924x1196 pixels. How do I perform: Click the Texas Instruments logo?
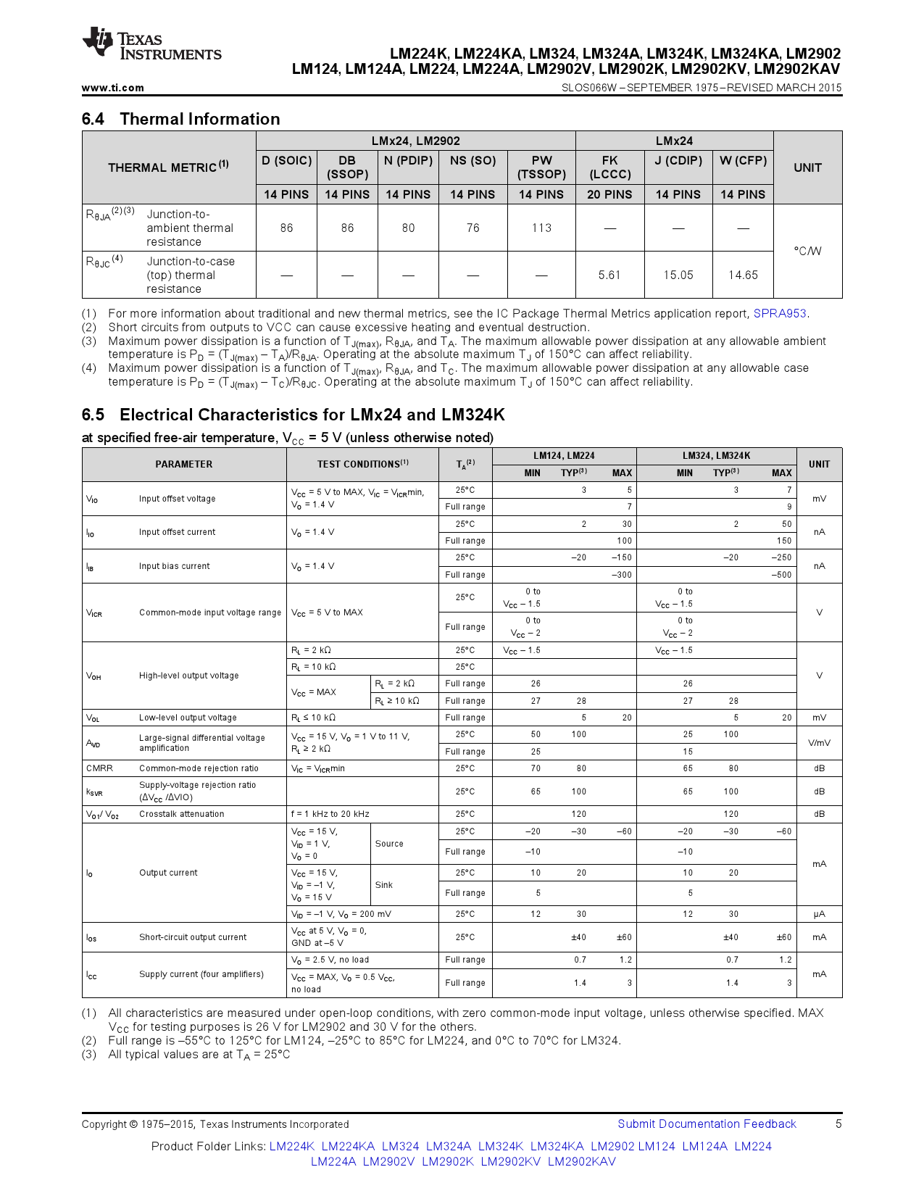pos(151,44)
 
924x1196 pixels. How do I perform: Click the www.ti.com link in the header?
pos(112,88)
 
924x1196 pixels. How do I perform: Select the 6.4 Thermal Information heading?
pos(180,119)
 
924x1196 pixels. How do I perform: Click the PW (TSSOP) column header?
pos(541,167)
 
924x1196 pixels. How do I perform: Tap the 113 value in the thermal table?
pos(541,228)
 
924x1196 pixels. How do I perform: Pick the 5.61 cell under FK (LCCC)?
pos(609,275)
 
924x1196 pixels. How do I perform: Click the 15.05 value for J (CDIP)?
pos(678,275)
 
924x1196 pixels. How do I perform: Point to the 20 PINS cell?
pos(609,194)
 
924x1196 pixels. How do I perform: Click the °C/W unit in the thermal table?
pos(807,251)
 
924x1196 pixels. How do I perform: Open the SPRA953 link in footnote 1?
pos(780,313)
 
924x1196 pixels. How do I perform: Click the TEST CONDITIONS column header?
pos(362,464)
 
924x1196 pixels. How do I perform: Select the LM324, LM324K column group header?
pos(716,456)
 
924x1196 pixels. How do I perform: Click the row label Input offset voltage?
pos(177,499)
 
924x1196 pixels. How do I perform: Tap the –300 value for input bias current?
pos(621,575)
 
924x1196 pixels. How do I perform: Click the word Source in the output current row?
pos(389,844)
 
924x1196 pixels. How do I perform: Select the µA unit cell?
pos(819,914)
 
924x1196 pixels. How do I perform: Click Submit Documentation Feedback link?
pos(707,1124)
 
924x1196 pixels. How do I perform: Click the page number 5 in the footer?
pos(838,1124)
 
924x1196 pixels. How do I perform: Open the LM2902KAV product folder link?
pos(581,1161)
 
